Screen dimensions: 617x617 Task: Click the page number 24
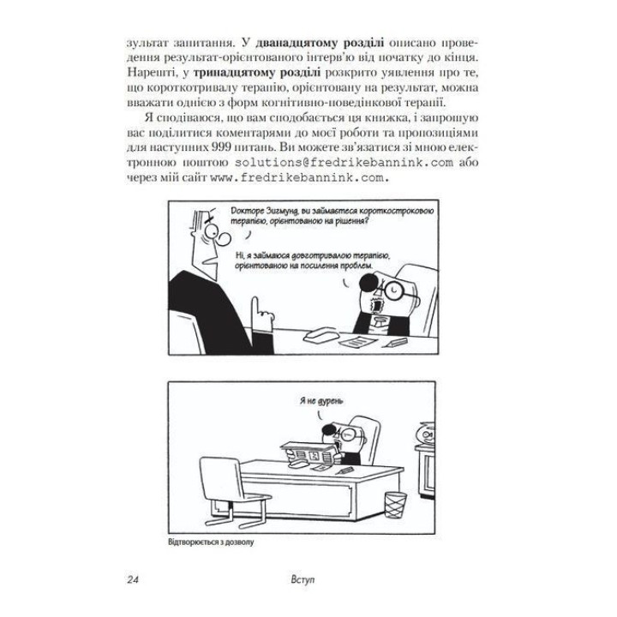click(131, 583)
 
